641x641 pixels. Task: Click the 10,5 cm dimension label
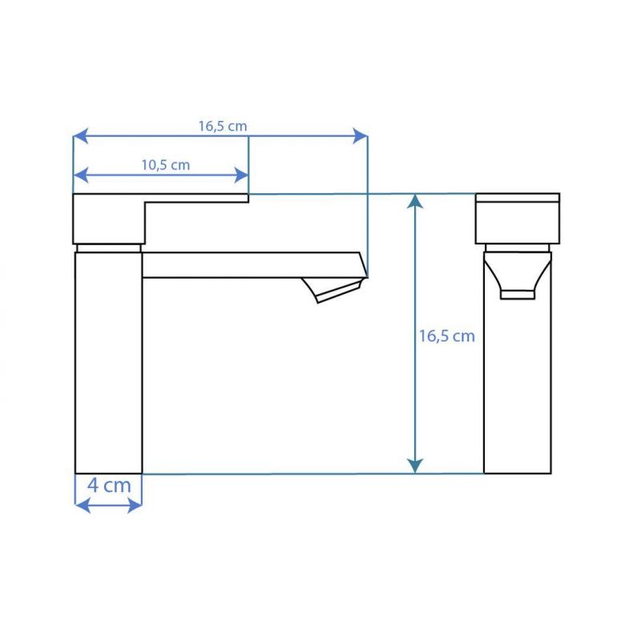(x=166, y=165)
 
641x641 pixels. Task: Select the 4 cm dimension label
(x=109, y=486)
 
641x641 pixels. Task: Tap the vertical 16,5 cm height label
(x=447, y=337)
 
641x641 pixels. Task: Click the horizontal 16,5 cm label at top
(x=223, y=127)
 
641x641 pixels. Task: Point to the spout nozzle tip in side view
(x=333, y=290)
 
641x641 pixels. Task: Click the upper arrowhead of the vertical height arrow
(x=415, y=202)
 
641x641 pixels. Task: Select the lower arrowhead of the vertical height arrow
(x=415, y=466)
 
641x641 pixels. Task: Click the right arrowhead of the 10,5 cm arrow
(x=241, y=175)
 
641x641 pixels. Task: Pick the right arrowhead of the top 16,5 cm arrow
(x=360, y=135)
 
